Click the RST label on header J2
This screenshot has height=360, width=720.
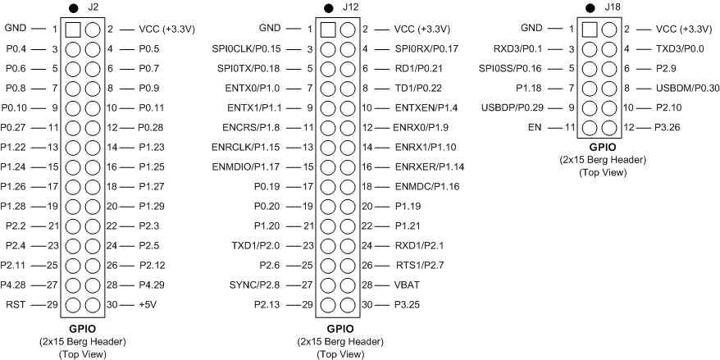point(15,303)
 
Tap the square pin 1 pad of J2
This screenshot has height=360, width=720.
point(73,29)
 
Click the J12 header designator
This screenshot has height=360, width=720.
point(351,7)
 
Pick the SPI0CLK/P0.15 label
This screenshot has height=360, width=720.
point(256,48)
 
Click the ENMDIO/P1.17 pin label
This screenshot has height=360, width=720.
point(256,166)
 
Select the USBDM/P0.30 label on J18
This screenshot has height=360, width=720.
point(687,88)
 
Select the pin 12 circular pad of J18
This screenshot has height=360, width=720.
point(608,127)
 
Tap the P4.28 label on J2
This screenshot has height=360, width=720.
point(16,284)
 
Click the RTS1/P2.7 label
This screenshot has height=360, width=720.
point(420,264)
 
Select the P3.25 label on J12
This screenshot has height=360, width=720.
point(408,303)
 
